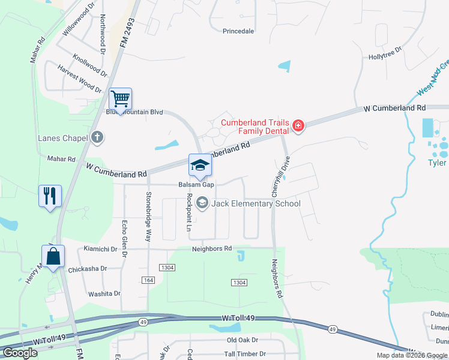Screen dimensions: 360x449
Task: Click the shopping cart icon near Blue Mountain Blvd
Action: point(121,98)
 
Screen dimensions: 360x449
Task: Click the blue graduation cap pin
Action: point(200,165)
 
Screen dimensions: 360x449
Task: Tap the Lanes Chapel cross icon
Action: point(97,137)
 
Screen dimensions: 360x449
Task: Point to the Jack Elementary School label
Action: point(256,203)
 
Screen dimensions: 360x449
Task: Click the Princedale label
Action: point(238,31)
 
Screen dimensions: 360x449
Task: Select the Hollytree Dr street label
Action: point(385,55)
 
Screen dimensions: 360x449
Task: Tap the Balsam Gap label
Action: point(196,185)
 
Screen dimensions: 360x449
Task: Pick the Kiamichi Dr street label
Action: point(100,249)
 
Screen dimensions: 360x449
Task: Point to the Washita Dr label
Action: point(104,294)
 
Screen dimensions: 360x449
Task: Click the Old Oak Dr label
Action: point(242,341)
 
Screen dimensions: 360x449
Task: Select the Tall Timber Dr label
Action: point(245,354)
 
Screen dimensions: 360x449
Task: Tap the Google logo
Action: point(20,353)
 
